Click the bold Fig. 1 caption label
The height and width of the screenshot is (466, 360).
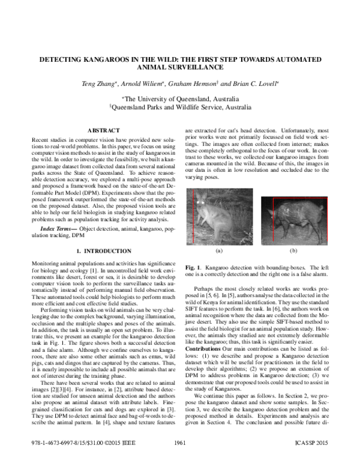pos(192,265)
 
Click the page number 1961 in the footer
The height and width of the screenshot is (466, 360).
pos(179,443)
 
